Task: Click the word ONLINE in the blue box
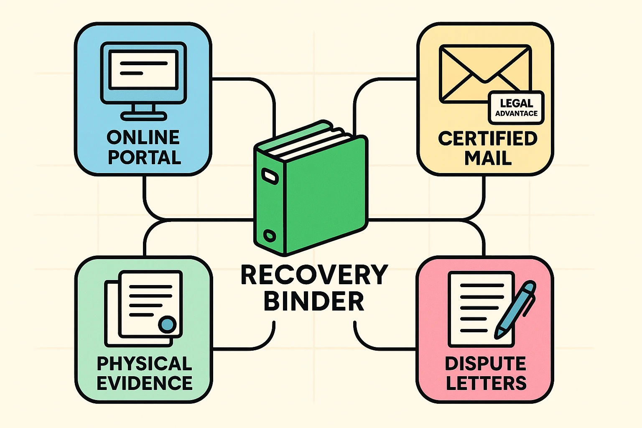coord(143,138)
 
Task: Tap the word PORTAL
coord(144,158)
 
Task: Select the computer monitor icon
coord(143,73)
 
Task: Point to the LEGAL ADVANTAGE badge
coord(516,108)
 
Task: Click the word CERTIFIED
coord(487,139)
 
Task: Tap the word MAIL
coord(488,158)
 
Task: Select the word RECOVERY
coord(314,275)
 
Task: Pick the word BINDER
coord(314,301)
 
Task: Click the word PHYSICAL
coord(144,364)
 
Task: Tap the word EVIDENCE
coord(144,383)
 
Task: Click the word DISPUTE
coord(485,364)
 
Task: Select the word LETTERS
coord(486,383)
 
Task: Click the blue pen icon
coord(515,310)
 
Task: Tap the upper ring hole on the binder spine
coord(268,175)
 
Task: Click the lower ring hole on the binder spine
coord(270,236)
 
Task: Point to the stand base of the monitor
coord(143,116)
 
